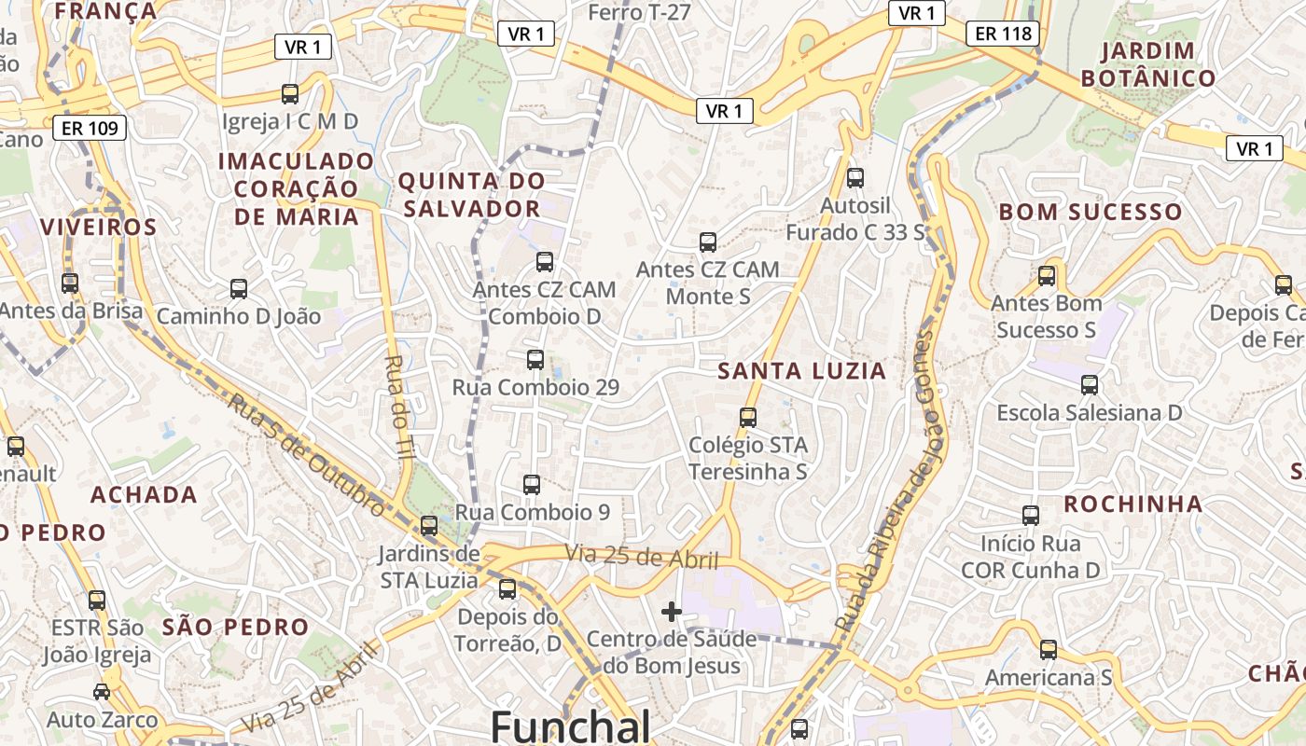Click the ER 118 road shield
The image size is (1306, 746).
pyautogui.click(x=1003, y=35)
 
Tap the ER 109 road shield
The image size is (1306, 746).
pyautogui.click(x=90, y=128)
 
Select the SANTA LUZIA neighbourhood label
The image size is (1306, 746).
pyautogui.click(x=801, y=371)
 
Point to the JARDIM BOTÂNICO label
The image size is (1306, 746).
pyautogui.click(x=1148, y=64)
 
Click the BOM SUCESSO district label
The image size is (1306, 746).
pyautogui.click(x=1091, y=212)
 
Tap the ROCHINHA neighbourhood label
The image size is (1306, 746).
pyautogui.click(x=1133, y=504)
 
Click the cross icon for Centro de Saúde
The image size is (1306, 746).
pyautogui.click(x=671, y=612)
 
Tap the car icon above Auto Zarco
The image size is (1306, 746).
pyautogui.click(x=102, y=691)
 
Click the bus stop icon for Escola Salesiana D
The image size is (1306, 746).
pyautogui.click(x=1089, y=384)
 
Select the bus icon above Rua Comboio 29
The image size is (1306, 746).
pyautogui.click(x=535, y=359)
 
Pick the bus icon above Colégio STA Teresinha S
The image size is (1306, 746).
pyautogui.click(x=747, y=417)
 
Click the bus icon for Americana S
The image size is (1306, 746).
pyautogui.click(x=1049, y=649)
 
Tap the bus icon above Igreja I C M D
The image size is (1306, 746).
pyautogui.click(x=290, y=93)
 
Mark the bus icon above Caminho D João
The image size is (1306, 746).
pyautogui.click(x=239, y=289)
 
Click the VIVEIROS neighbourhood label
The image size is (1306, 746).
pyautogui.click(x=98, y=228)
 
